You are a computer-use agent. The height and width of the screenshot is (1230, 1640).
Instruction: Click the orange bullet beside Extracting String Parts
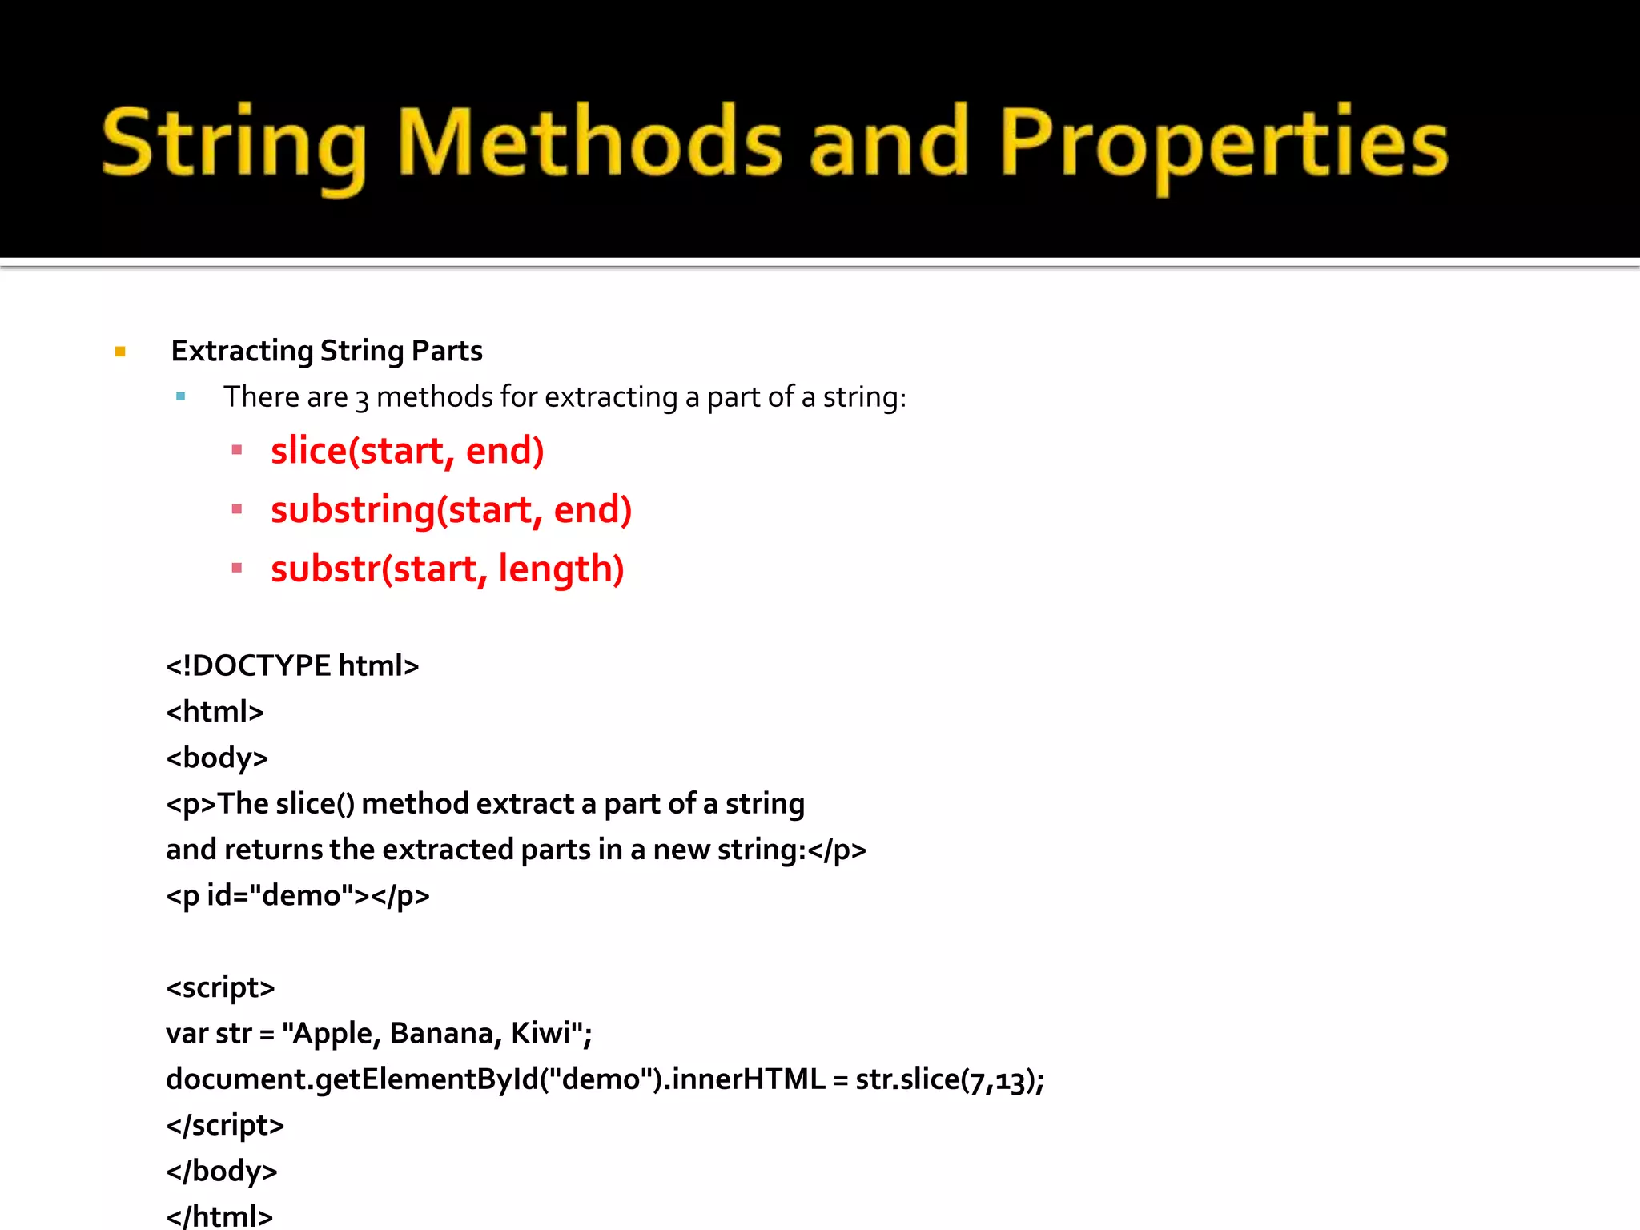(120, 351)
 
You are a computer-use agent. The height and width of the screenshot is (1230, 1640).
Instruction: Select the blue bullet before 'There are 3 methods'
(181, 396)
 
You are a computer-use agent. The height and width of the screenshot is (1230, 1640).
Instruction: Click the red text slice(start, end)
(407, 451)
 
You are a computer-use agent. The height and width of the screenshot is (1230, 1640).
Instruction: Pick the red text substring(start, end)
(451, 510)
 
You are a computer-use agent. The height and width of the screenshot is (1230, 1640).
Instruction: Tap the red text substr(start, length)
(447, 569)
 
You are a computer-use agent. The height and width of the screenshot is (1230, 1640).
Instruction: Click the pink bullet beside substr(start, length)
(237, 569)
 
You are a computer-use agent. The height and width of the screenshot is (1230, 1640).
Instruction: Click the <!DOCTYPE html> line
(292, 665)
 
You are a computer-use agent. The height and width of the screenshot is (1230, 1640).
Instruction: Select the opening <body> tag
(217, 758)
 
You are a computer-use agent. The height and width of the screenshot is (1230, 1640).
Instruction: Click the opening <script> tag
(220, 987)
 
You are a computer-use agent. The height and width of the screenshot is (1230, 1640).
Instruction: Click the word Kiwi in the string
(541, 1033)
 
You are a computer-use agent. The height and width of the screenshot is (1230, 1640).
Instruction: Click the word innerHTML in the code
(748, 1079)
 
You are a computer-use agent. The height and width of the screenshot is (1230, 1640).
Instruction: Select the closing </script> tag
(225, 1125)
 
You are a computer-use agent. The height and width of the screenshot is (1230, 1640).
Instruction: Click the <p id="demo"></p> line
(297, 895)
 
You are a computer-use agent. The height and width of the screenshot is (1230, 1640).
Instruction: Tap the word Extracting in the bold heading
(242, 351)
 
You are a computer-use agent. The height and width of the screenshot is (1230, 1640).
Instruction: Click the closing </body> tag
(221, 1171)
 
